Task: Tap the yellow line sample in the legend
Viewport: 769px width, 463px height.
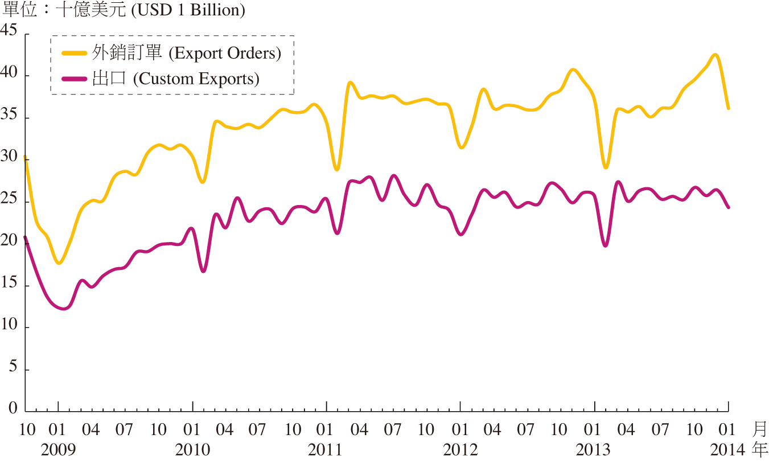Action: [x=75, y=53]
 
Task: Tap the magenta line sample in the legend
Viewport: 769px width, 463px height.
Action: [x=75, y=79]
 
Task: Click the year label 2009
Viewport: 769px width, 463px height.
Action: [x=58, y=450]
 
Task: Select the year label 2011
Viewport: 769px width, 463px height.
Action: [x=326, y=450]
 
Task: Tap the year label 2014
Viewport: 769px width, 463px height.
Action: [x=727, y=450]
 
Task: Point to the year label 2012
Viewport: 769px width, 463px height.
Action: [x=460, y=450]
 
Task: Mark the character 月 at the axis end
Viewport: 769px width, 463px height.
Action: [x=760, y=429]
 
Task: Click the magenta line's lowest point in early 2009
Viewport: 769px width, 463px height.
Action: [x=63, y=309]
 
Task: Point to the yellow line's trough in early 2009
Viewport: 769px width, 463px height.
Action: [x=59, y=263]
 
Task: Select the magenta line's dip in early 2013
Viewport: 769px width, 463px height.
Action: [x=605, y=246]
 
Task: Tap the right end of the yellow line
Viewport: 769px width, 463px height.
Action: [x=728, y=108]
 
